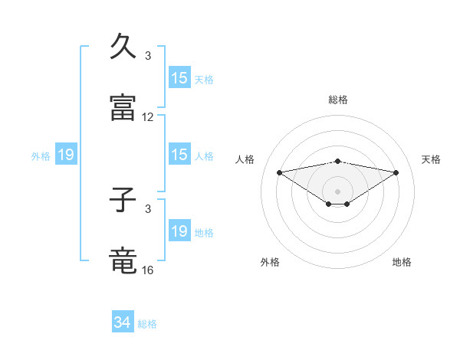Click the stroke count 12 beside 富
(x=148, y=117)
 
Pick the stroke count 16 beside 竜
(x=148, y=270)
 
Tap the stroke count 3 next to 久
(x=148, y=56)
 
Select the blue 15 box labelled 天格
(x=179, y=78)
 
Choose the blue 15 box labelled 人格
(x=179, y=155)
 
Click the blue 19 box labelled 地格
(x=179, y=231)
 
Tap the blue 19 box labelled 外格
(x=66, y=155)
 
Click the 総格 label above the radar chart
(x=338, y=100)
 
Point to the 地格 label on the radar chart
(x=402, y=262)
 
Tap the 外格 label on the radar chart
(x=270, y=262)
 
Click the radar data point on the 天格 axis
(x=396, y=172)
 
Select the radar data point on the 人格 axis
(x=279, y=172)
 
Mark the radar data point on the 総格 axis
(x=338, y=161)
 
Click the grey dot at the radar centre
(x=338, y=191)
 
